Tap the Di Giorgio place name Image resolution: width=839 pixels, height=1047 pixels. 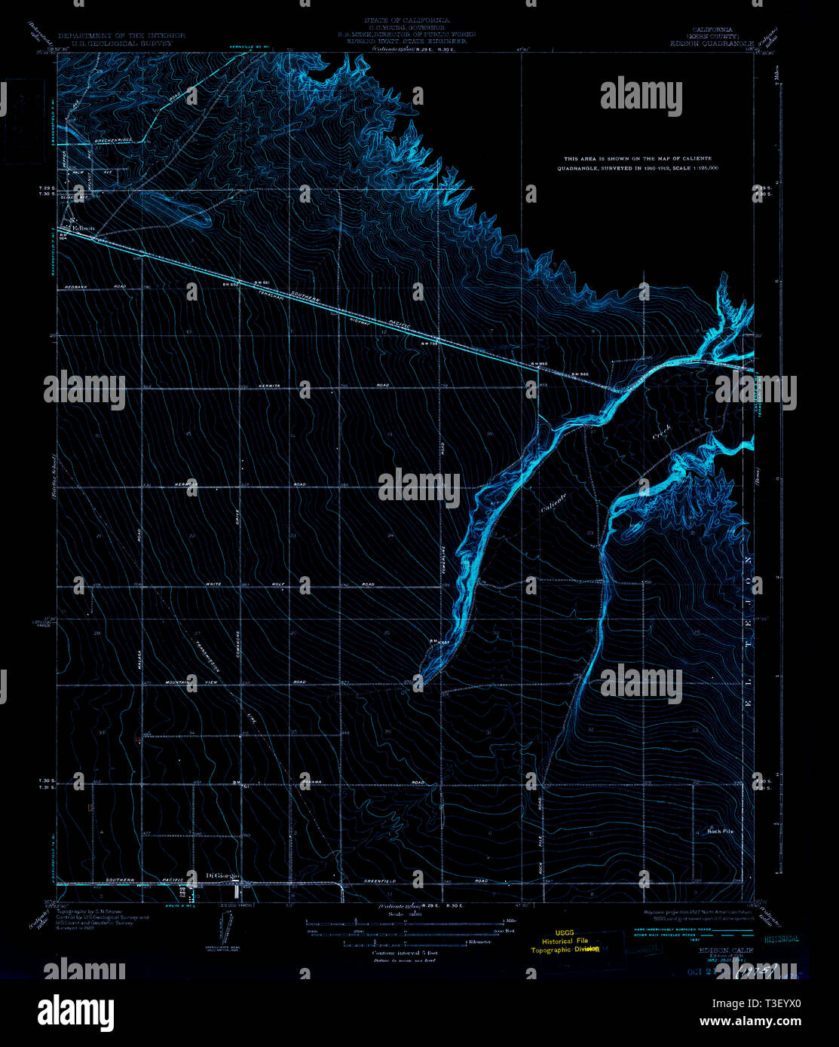coord(222,875)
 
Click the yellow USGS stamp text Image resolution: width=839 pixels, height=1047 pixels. coord(563,932)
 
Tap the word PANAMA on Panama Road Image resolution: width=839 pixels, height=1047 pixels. coord(312,781)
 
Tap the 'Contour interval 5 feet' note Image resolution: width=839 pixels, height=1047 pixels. coord(405,953)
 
